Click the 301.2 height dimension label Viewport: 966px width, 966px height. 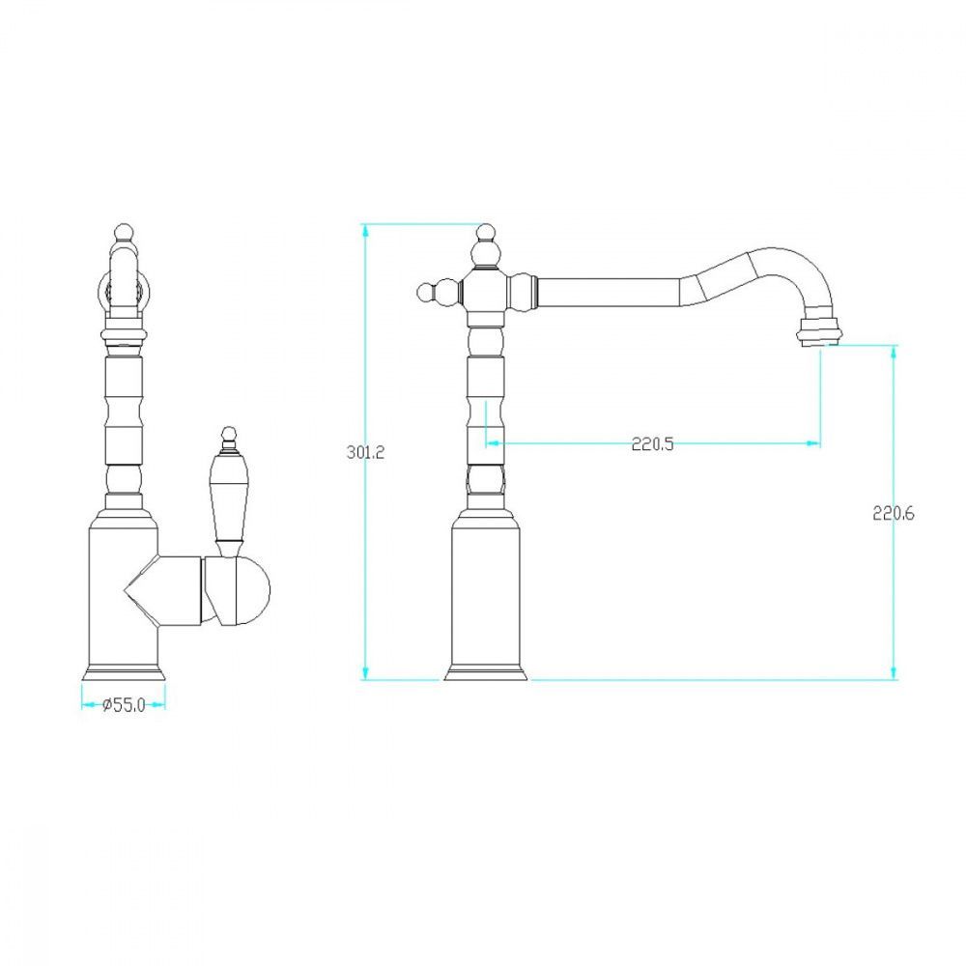click(365, 452)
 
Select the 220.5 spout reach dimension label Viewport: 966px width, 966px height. click(652, 443)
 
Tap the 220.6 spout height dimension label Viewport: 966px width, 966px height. click(894, 513)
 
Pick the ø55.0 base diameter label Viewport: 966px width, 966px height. click(124, 705)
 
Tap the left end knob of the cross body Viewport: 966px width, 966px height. click(425, 292)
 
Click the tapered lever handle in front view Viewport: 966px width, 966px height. click(229, 499)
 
